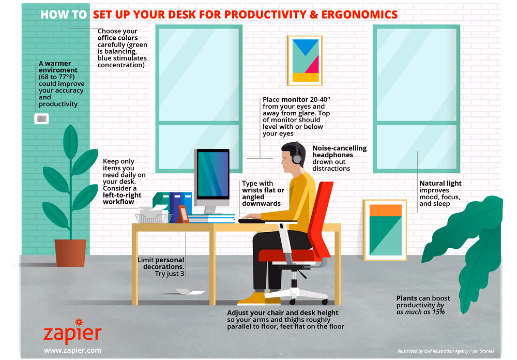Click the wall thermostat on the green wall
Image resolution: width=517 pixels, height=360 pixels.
41,118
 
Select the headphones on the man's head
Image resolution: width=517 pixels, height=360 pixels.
296,154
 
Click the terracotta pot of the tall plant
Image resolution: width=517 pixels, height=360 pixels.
70,252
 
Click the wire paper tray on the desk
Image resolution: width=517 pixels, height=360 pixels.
154,218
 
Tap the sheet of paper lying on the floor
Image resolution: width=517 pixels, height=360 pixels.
190,291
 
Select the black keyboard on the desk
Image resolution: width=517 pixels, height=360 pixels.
251,221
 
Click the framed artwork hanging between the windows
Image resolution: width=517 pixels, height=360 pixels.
305,61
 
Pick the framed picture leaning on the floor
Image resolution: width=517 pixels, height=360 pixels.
385,230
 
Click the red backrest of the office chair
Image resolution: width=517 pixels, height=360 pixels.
321,219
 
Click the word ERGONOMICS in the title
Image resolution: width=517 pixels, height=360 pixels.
359,14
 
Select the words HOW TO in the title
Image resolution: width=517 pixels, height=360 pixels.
64,14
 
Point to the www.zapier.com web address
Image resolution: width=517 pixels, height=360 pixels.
72,350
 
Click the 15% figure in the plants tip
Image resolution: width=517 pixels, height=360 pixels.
438,312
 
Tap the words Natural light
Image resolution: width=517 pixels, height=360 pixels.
440,184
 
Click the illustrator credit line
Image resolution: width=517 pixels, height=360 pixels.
446,351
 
